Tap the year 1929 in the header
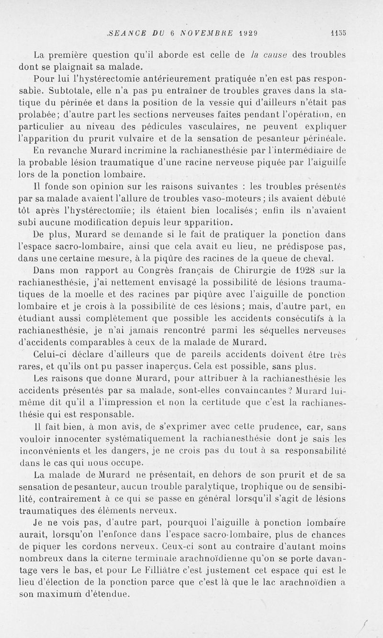[x=248, y=33]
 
